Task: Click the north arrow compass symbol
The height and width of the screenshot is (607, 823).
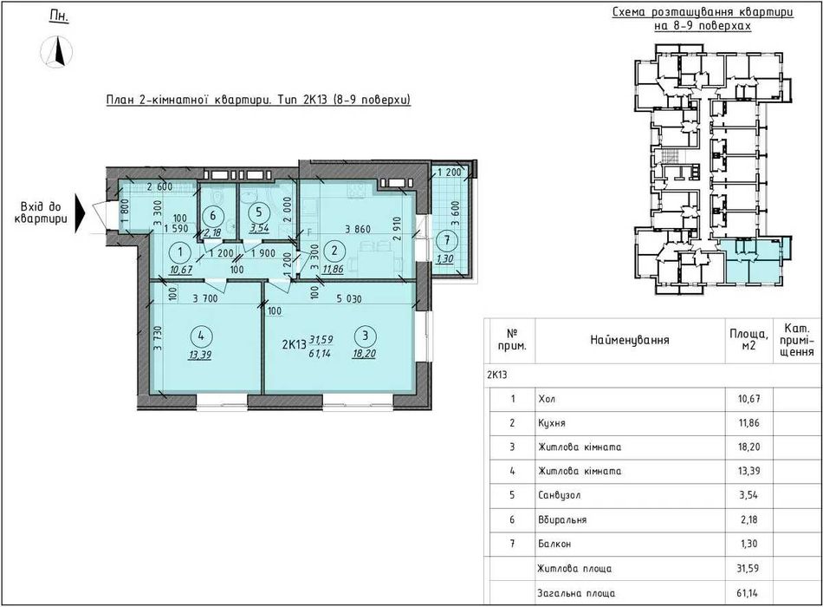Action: pos(56,51)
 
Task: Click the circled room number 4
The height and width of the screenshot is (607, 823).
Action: pos(202,336)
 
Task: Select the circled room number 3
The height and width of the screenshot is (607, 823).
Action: pos(366,336)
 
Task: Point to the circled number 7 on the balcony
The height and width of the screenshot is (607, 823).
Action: pos(447,241)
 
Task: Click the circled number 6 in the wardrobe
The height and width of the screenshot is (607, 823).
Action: pos(212,215)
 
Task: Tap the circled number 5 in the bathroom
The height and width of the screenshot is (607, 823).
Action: pos(259,212)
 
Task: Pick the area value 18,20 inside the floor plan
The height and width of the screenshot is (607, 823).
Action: pos(364,354)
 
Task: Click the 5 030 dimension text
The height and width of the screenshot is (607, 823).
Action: pos(349,298)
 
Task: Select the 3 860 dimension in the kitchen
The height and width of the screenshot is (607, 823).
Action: pos(358,229)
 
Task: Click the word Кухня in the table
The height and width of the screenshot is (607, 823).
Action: pos(552,423)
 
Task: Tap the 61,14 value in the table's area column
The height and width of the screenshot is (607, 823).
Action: pos(748,593)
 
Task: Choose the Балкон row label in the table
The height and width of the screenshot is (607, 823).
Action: pos(554,544)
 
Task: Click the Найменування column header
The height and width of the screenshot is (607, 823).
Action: pos(630,340)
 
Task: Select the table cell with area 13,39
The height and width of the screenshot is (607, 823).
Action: pos(748,471)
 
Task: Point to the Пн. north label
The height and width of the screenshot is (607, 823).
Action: pos(59,16)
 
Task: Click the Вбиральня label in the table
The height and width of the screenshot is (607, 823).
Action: pos(562,519)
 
